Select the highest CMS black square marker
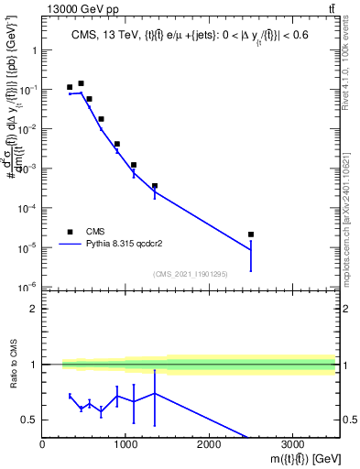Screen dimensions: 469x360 coord(81,83)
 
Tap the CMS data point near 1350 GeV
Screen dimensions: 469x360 coord(155,186)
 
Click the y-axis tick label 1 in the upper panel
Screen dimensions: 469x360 coord(35,51)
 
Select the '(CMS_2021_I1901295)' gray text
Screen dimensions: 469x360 coord(190,273)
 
